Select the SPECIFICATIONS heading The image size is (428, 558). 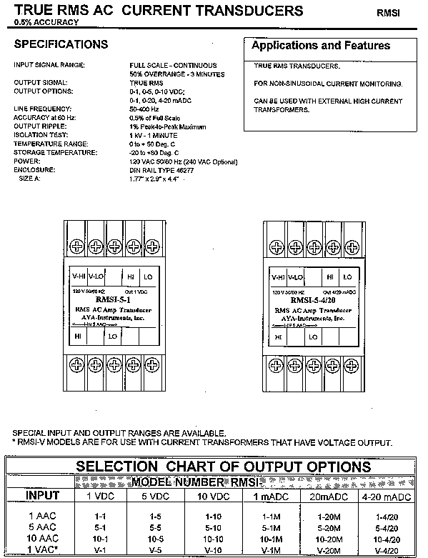(x=61, y=44)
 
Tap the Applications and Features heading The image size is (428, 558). (x=322, y=45)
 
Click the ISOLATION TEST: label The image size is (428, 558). (x=41, y=133)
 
